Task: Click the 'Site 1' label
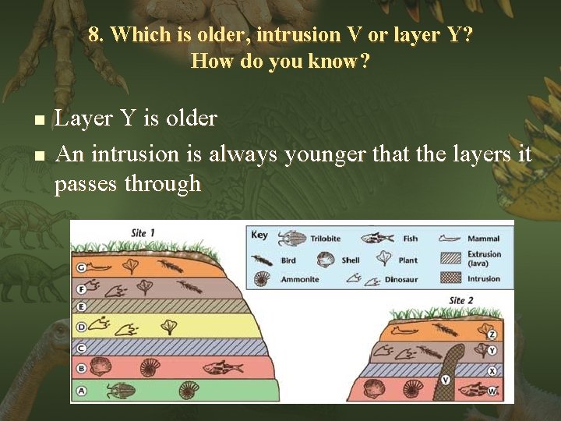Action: pos(143,233)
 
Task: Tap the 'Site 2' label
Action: pos(462,300)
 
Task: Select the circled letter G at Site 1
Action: pos(80,267)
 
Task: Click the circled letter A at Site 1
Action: pos(80,388)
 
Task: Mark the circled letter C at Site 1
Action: pos(80,348)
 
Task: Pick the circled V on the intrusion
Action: pos(446,380)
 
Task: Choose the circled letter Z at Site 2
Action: pos(492,334)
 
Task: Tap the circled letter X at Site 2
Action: pos(492,371)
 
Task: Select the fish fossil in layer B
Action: pos(218,367)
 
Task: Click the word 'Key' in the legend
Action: pos(259,235)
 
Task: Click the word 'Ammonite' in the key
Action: pos(299,279)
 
